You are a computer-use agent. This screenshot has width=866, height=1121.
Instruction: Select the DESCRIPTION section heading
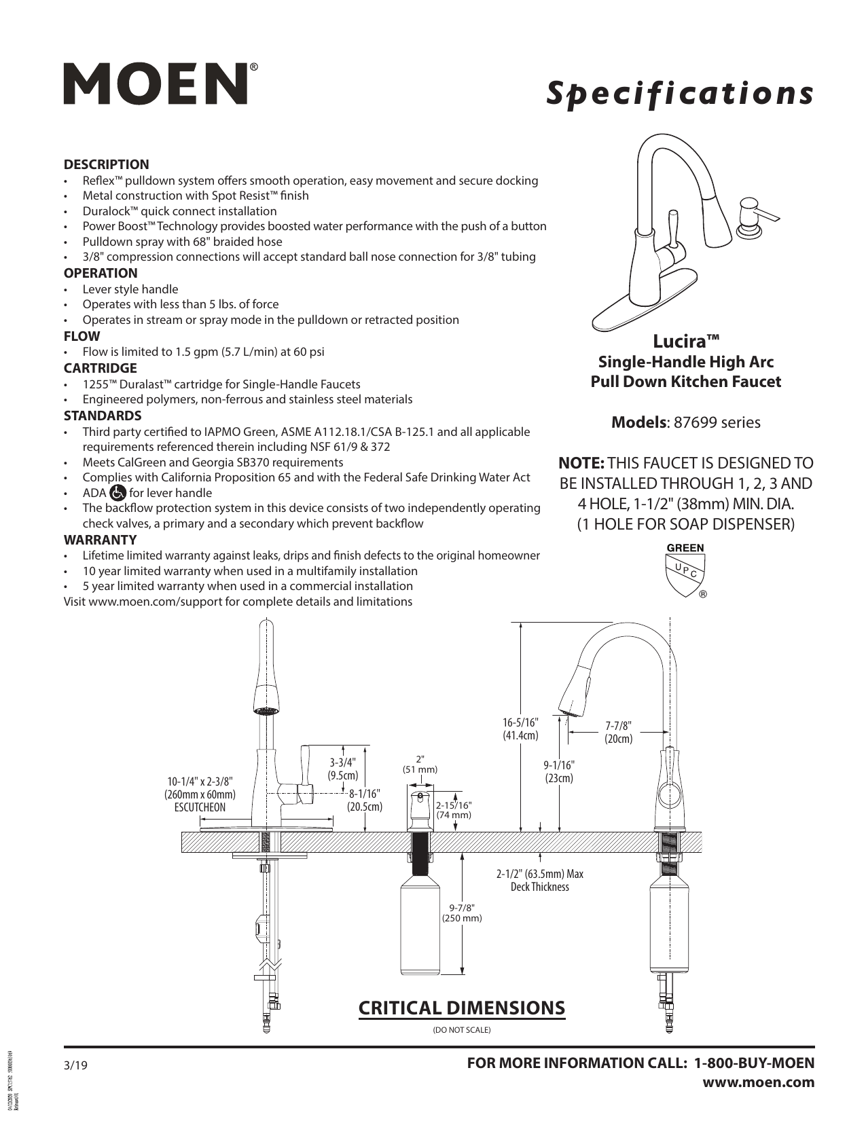[x=106, y=164]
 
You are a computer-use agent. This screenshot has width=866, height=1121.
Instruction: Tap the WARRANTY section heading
[x=100, y=540]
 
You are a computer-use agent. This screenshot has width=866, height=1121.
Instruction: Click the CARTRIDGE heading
[x=100, y=368]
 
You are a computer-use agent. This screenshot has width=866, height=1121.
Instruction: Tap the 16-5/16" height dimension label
[x=521, y=728]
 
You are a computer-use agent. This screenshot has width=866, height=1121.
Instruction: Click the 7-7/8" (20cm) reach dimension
[x=618, y=733]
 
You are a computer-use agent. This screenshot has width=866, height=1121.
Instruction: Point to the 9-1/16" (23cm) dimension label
[x=558, y=771]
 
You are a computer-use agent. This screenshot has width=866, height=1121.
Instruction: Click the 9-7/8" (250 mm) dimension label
[x=462, y=913]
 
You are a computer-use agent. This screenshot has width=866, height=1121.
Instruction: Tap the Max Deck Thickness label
[x=540, y=880]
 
